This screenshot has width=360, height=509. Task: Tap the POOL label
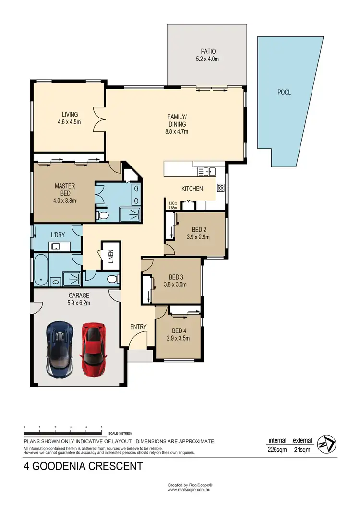[x=284, y=92]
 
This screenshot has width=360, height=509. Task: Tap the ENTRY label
[x=138, y=327]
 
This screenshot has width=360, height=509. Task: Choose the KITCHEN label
[x=192, y=189]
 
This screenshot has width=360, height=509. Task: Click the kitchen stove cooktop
[x=221, y=188]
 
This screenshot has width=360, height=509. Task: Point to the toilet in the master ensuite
[x=102, y=215]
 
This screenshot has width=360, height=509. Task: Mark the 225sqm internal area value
[x=277, y=450]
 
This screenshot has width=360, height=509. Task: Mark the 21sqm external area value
[x=302, y=450]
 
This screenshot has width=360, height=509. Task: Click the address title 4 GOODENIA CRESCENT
[x=83, y=466]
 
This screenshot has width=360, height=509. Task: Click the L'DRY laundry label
[x=58, y=236]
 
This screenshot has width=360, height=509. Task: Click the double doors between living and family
[x=99, y=118]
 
